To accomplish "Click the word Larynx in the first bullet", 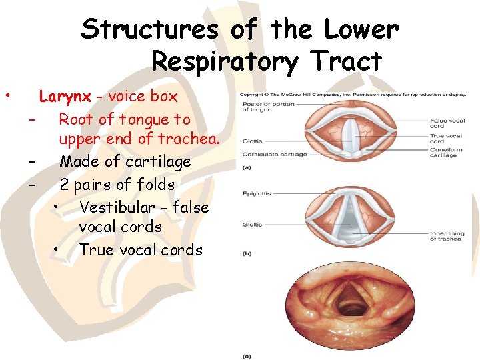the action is [65, 96].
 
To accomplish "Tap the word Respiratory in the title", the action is [223, 61].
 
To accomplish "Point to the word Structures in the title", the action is [149, 29].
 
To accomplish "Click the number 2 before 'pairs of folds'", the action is [65, 185].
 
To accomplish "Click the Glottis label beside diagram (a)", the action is [252, 141].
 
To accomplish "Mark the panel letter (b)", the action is [247, 253].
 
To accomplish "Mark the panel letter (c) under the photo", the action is [247, 357].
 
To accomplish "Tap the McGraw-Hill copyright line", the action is [353, 94].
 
